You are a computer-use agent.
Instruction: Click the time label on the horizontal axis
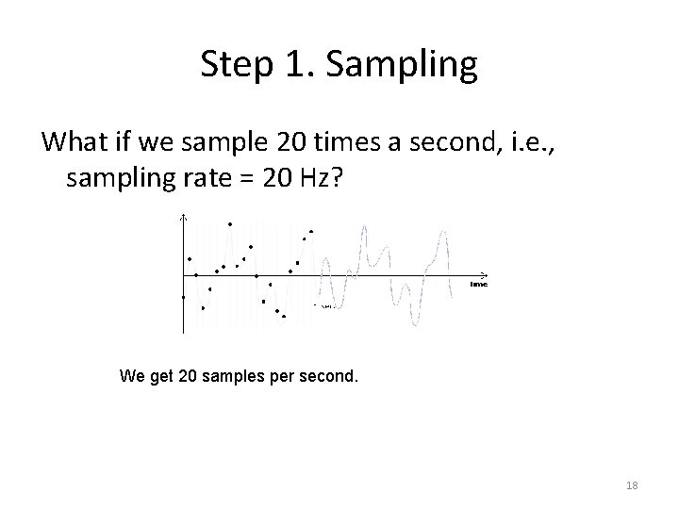(x=479, y=284)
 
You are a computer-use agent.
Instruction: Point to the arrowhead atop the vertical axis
(x=184, y=219)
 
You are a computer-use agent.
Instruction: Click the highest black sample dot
(x=230, y=223)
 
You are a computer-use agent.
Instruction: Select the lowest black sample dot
(x=284, y=317)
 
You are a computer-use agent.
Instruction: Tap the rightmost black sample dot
(x=311, y=231)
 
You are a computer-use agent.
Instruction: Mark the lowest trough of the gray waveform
(x=414, y=323)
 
